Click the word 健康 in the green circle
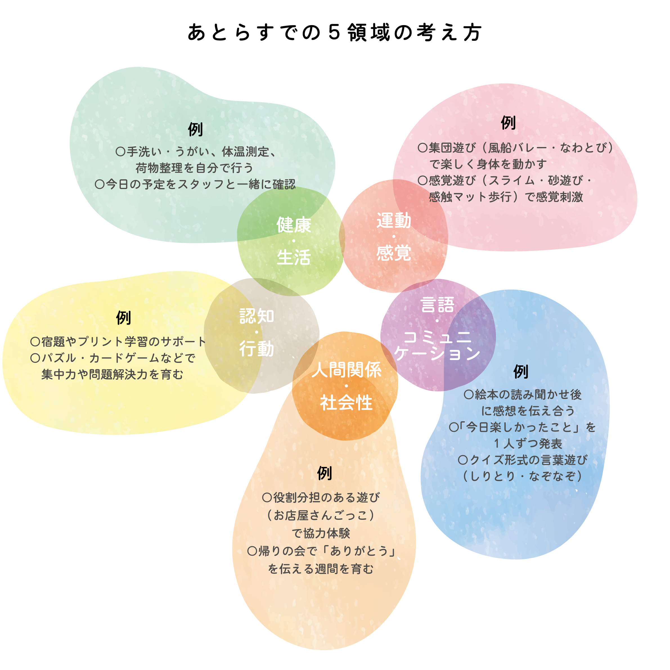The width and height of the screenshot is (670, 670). (294, 225)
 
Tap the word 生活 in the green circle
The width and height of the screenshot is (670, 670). (294, 258)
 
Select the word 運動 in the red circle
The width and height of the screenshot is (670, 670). (394, 221)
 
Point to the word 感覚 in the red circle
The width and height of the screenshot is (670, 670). (394, 253)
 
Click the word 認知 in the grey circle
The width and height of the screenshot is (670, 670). (257, 316)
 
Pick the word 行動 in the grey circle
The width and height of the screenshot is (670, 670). (257, 349)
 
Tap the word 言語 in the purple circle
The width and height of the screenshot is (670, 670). (437, 305)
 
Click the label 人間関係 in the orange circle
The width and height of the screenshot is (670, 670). (346, 370)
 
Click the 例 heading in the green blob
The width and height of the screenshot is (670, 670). (195, 129)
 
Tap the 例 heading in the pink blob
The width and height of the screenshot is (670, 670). (508, 123)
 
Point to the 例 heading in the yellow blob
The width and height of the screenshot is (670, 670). (123, 318)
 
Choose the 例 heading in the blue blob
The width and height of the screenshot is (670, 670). (521, 372)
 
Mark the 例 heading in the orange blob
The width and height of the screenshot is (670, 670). (324, 473)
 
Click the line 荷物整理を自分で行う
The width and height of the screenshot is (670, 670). (195, 168)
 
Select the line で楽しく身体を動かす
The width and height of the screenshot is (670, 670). (488, 164)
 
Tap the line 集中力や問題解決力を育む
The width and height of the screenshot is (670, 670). (112, 375)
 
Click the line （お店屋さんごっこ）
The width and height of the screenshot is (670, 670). (321, 515)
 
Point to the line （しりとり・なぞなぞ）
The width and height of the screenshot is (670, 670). (522, 476)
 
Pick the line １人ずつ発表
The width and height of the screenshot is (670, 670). (528, 444)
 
